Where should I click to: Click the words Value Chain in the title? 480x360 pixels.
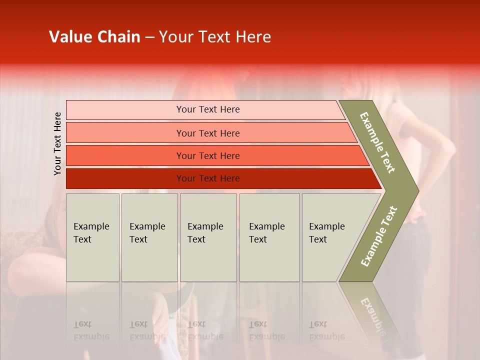[94, 37]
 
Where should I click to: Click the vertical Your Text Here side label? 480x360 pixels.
[57, 143]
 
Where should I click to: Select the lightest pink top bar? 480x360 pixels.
[125, 109]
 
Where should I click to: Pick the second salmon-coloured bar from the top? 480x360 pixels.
[125, 133]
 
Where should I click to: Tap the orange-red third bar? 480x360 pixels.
[125, 155]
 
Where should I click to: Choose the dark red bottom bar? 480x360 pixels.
[125, 178]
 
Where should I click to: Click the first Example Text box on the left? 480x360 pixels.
[92, 237]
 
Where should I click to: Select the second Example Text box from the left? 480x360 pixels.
[149, 237]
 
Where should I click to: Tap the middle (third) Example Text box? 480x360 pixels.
[208, 237]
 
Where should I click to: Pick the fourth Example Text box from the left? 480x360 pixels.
[269, 237]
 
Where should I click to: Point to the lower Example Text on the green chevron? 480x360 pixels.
[379, 236]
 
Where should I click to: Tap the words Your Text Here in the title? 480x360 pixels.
[214, 37]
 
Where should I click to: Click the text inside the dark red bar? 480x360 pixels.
[208, 178]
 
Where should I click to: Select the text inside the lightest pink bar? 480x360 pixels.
[208, 109]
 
